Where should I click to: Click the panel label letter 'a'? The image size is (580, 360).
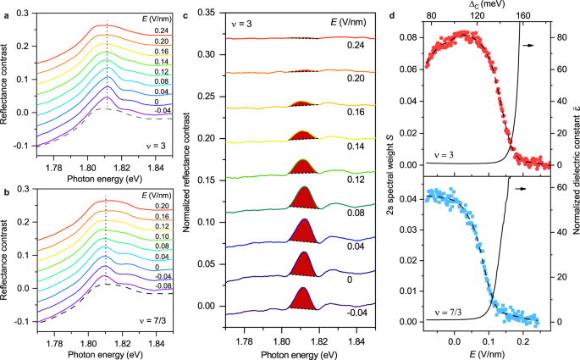pos(4,6)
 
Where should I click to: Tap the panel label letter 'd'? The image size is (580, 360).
pos(400,6)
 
